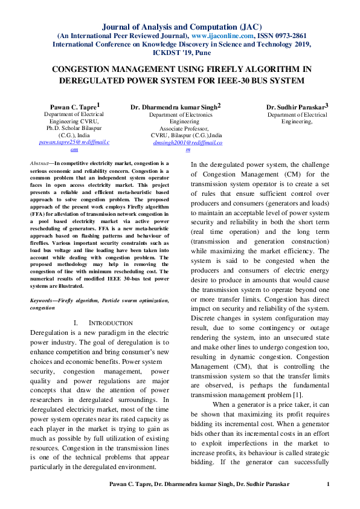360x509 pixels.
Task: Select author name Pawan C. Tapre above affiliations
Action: [x=74, y=106]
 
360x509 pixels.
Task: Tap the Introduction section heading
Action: [x=111, y=323]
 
